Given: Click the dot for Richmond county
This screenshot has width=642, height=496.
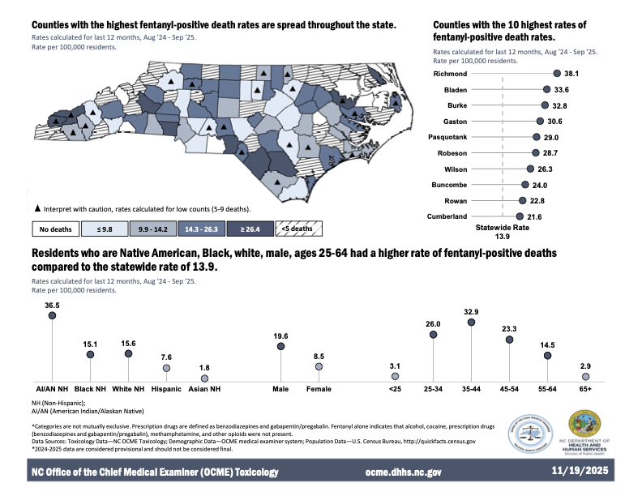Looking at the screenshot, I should tap(556, 73).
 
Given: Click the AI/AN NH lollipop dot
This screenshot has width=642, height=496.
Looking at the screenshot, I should tap(52, 316).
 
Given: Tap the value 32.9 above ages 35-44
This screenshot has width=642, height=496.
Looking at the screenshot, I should tap(472, 311).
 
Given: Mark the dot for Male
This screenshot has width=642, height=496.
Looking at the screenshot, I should tap(280, 346).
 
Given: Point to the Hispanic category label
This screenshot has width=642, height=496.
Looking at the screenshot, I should tap(166, 389).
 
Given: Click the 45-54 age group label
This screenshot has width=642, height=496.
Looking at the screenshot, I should tap(510, 389).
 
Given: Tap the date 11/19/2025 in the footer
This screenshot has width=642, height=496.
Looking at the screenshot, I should tap(582, 471).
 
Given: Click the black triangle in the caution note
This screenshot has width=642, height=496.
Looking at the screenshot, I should tap(37, 208).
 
